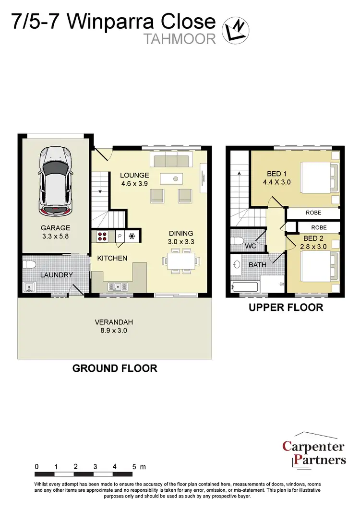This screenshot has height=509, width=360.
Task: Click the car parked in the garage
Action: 55,180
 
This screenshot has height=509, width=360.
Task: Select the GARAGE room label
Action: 55,228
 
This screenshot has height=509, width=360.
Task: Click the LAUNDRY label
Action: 56,275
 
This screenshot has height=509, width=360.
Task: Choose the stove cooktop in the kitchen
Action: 102,237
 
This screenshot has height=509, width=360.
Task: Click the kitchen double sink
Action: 117,287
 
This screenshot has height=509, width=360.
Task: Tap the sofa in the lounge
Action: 170,159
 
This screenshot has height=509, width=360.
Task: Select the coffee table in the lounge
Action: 175,179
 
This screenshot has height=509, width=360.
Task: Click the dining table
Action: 180,261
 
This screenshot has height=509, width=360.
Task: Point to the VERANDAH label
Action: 114,322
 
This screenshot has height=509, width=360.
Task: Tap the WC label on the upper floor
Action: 251,246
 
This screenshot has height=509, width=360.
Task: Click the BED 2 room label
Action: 314,238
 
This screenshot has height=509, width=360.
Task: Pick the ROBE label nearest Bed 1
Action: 312,213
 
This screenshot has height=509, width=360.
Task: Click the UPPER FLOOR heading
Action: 286,308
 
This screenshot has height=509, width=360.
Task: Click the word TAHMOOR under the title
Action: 180,38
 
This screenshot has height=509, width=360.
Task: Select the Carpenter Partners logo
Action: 313,453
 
